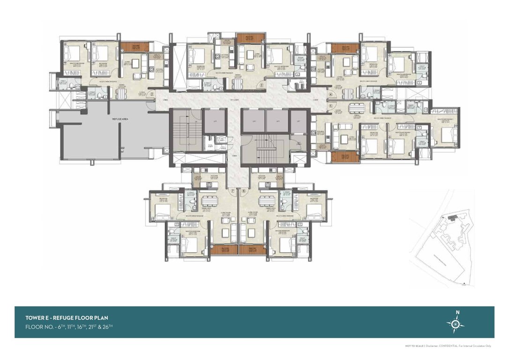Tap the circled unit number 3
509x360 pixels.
click(261, 85)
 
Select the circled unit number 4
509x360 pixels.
click(330, 94)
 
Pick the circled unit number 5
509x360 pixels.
click(330, 106)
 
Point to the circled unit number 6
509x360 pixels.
click(244, 191)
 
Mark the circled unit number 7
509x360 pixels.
click(232, 191)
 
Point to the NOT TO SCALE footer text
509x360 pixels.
click(414, 345)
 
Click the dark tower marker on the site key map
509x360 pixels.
click(453, 218)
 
